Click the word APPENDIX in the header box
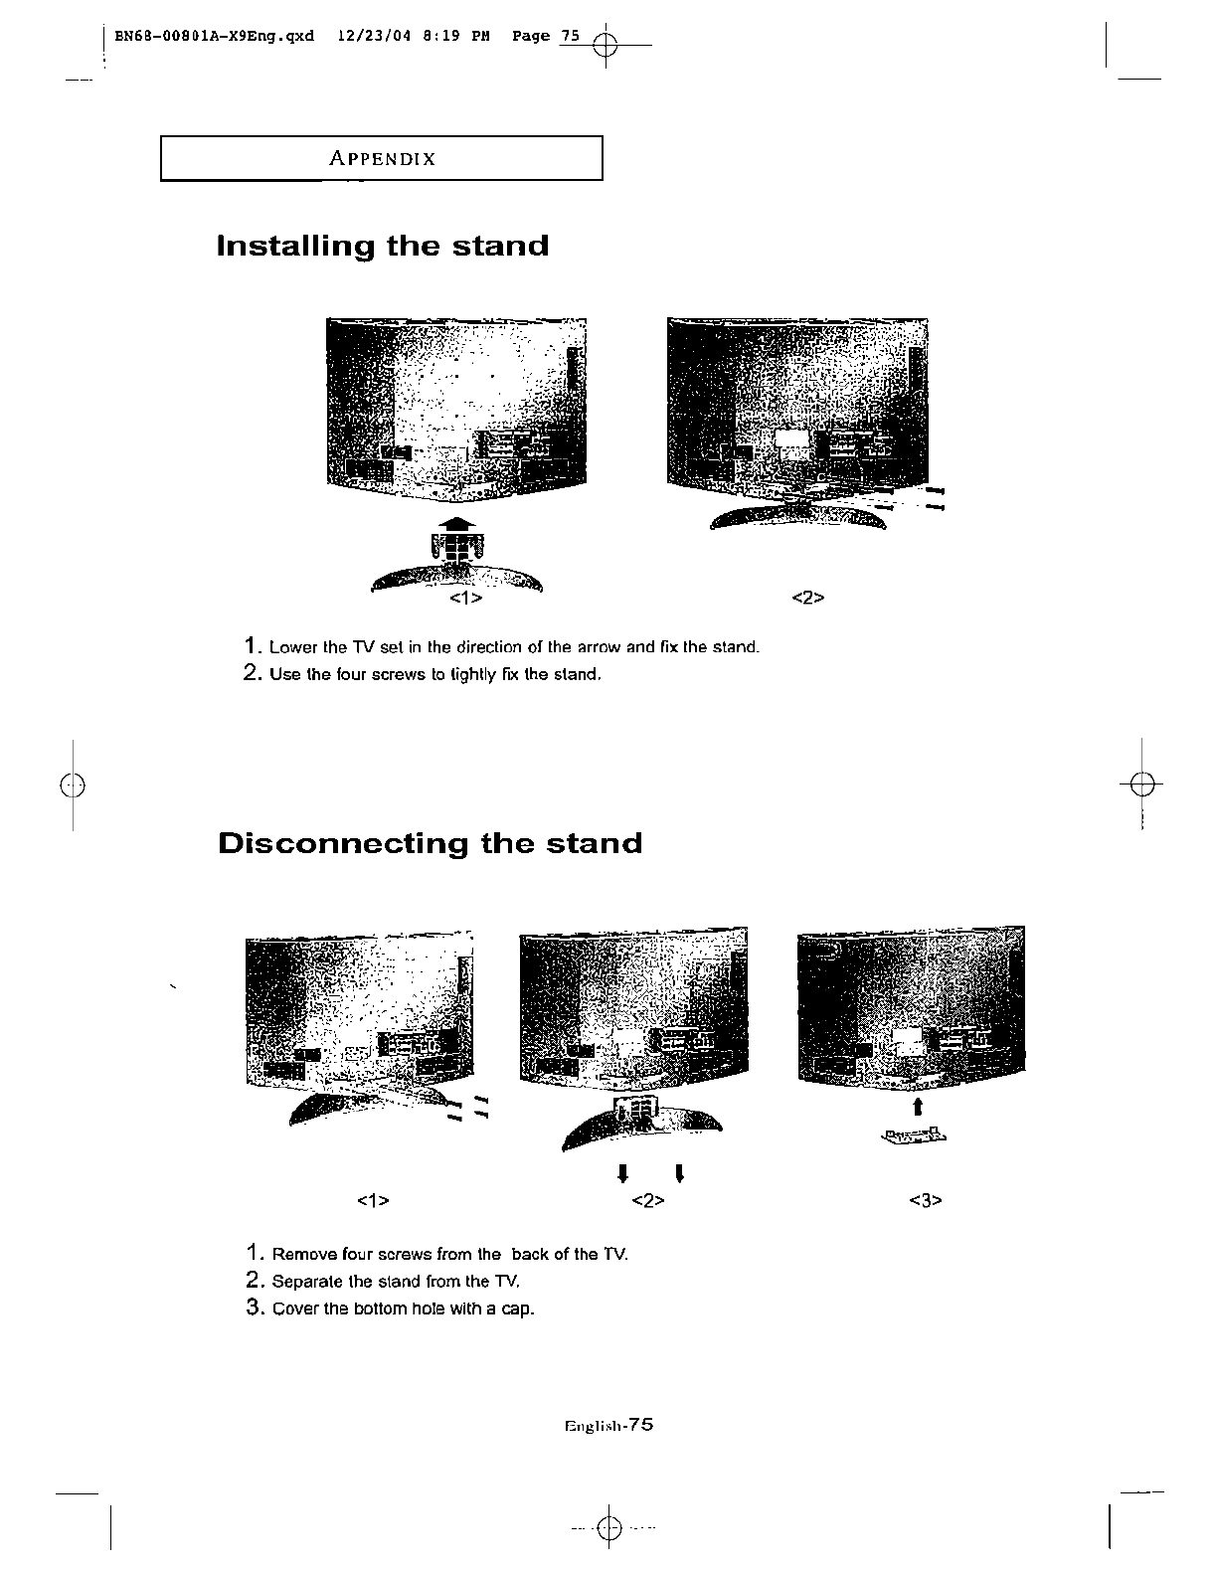point(383,159)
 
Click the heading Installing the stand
point(383,246)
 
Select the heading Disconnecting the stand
point(430,843)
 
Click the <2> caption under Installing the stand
point(808,598)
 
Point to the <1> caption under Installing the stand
point(465,599)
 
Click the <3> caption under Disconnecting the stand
point(925,1200)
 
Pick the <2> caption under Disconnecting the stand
point(647,1200)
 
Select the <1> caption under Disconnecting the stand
point(372,1200)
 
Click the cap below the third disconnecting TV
point(913,1135)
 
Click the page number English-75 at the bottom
point(607,1425)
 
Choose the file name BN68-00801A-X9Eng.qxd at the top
point(214,36)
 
